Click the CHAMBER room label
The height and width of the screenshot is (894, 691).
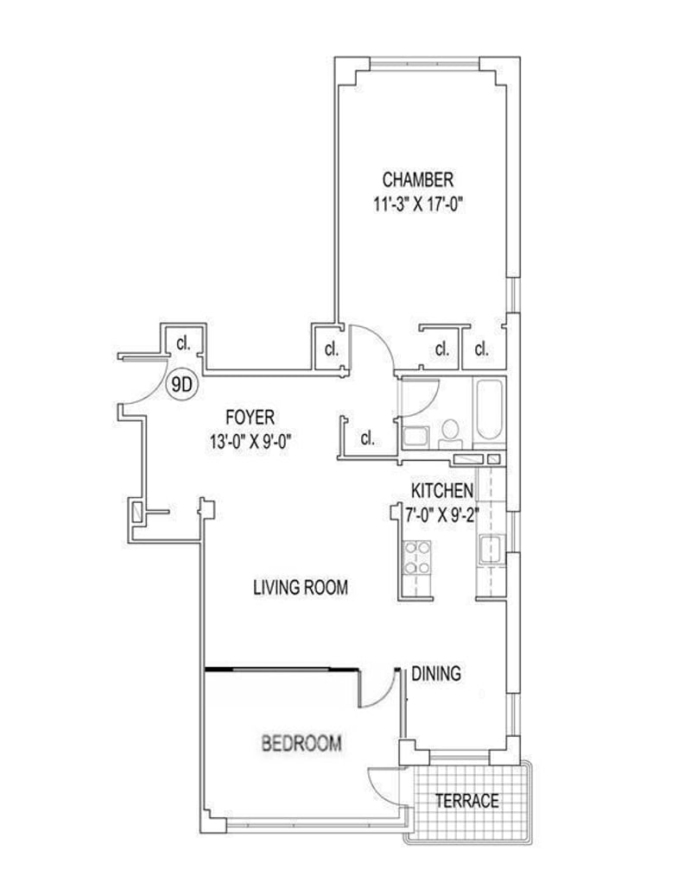(x=418, y=179)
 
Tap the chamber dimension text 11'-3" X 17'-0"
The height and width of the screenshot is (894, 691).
(x=417, y=205)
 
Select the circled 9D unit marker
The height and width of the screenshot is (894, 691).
(x=181, y=386)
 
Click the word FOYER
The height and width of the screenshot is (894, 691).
(x=250, y=418)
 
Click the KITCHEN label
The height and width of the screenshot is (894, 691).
(x=442, y=490)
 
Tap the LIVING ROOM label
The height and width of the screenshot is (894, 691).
(x=300, y=588)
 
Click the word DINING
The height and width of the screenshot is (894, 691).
(x=436, y=673)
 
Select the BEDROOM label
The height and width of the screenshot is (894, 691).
(x=301, y=743)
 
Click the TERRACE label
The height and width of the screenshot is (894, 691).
(x=466, y=801)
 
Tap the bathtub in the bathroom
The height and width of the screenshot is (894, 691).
(x=488, y=409)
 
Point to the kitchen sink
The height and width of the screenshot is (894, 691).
(x=491, y=551)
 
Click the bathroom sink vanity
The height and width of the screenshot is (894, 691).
(x=415, y=438)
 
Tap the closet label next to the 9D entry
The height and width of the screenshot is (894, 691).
(x=183, y=343)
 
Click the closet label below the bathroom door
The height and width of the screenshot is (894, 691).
(x=368, y=438)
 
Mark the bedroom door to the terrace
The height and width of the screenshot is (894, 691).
(x=384, y=779)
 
